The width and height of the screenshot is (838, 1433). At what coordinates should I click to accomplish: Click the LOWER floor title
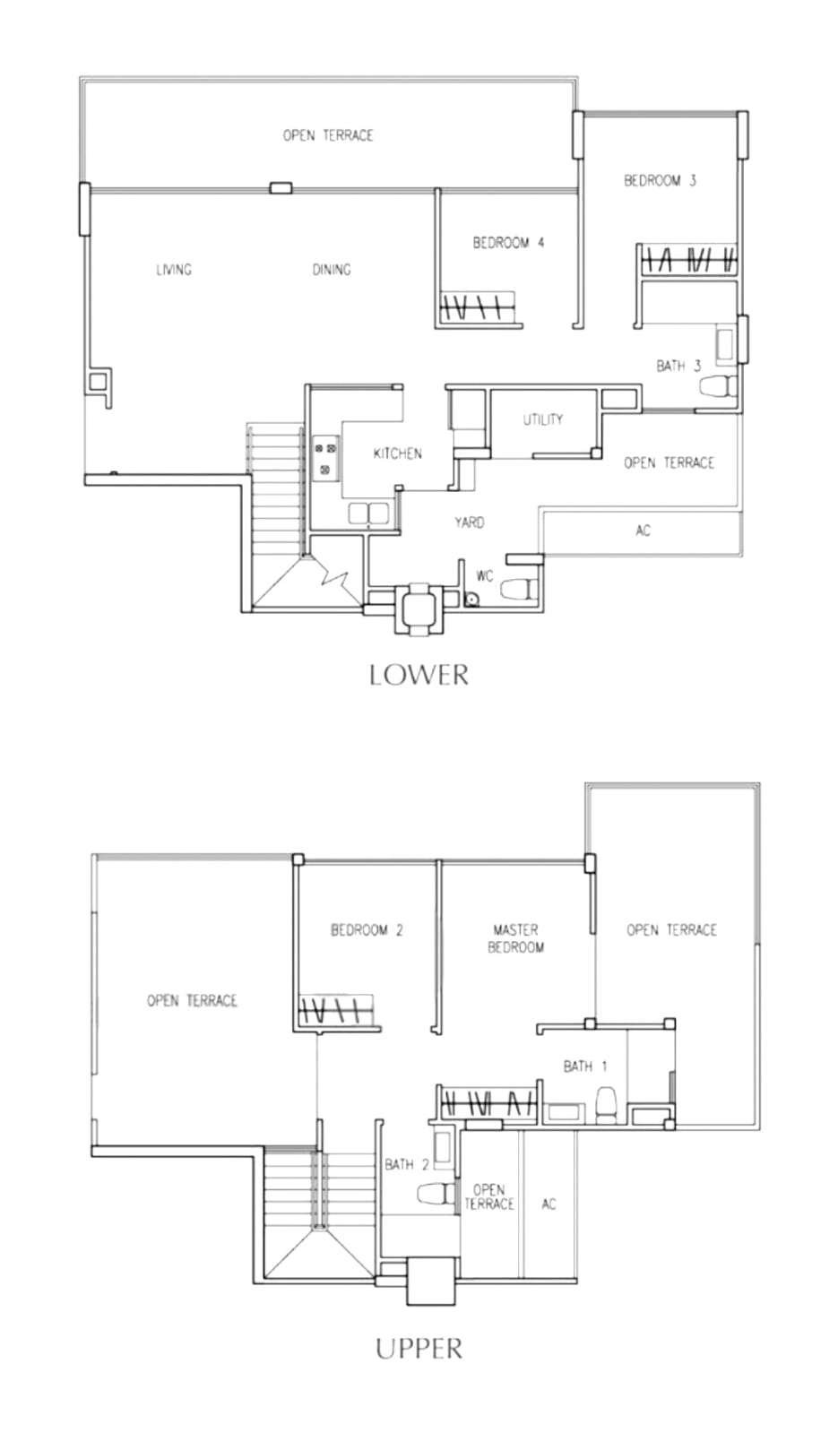419,675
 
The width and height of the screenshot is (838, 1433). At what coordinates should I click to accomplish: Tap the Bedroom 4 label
508,243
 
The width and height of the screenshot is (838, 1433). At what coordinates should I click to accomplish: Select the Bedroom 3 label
660,180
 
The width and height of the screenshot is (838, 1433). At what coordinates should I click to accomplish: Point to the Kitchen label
397,453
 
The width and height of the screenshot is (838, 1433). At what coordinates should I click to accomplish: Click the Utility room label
543,419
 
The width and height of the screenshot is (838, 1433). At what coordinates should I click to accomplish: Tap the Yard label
470,522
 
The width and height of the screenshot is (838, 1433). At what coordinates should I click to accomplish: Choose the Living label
174,270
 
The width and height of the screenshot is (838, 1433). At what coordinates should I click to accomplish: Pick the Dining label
332,270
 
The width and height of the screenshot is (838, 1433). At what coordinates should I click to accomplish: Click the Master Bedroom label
515,937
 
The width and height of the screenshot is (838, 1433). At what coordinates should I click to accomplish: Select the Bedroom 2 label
367,929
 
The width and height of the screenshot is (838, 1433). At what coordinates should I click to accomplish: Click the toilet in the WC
515,590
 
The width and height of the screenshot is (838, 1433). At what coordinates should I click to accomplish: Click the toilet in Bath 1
606,1105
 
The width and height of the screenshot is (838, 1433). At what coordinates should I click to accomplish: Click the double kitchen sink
368,514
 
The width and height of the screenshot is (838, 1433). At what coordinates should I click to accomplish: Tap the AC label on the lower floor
643,531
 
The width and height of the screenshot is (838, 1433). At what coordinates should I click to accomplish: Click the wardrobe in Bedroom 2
336,1010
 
